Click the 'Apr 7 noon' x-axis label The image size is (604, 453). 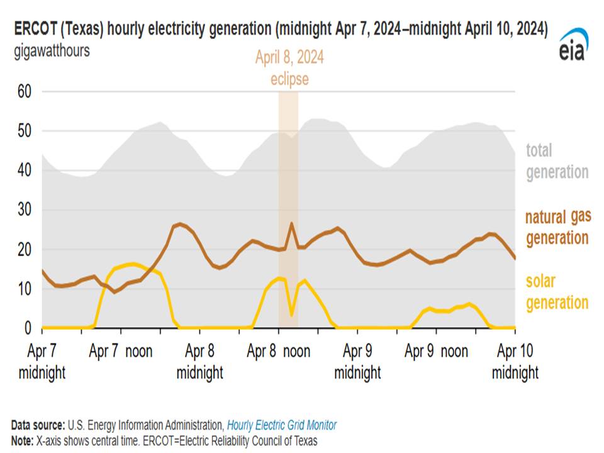coord(121,351)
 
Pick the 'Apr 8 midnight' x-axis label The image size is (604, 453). coord(199,362)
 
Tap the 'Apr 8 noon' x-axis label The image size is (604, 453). coord(279,351)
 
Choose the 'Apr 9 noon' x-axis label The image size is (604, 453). coord(437,351)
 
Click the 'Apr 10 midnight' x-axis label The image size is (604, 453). coord(515,362)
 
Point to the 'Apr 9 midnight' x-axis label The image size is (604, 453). coord(357,362)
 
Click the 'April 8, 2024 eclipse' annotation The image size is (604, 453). coord(289,69)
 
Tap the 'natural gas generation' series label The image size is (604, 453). coord(557,228)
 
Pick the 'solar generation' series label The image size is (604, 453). coord(557,292)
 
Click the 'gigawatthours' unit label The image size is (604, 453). coord(52,51)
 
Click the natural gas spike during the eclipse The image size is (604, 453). coord(291,223)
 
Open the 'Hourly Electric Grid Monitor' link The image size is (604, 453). coord(281,425)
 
